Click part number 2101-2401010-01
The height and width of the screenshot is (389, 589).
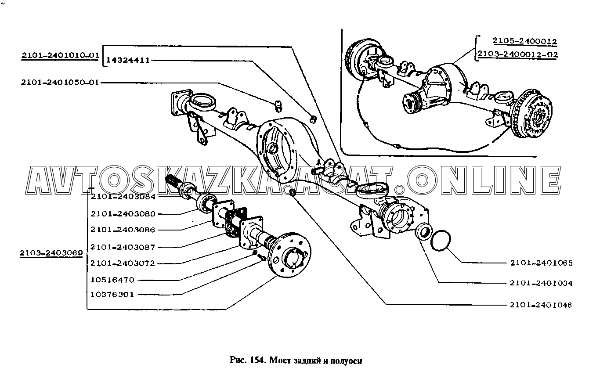pyautogui.click(x=60, y=55)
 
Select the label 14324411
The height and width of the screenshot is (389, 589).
pyautogui.click(x=128, y=61)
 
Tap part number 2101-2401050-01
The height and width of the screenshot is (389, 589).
pyautogui.click(x=60, y=83)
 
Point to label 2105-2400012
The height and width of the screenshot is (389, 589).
pyautogui.click(x=524, y=41)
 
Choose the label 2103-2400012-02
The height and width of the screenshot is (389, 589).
pyautogui.click(x=517, y=54)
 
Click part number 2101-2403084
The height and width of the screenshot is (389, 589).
pyautogui.click(x=123, y=197)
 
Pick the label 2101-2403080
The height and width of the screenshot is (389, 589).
pyautogui.click(x=123, y=214)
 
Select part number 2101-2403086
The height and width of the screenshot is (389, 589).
pyautogui.click(x=123, y=230)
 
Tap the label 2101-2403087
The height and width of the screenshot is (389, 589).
pyautogui.click(x=123, y=247)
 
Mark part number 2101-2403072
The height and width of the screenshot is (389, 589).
pyautogui.click(x=123, y=263)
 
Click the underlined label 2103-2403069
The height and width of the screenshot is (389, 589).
pyautogui.click(x=51, y=253)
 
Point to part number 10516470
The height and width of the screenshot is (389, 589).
pyautogui.click(x=112, y=280)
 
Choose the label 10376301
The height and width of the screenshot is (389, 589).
pyautogui.click(x=112, y=295)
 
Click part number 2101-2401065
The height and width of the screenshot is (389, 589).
pyautogui.click(x=542, y=263)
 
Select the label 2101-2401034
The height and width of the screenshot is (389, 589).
pyautogui.click(x=541, y=283)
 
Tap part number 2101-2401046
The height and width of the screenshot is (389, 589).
pyautogui.click(x=541, y=305)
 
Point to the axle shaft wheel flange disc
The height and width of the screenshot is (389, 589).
pyautogui.click(x=290, y=254)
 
